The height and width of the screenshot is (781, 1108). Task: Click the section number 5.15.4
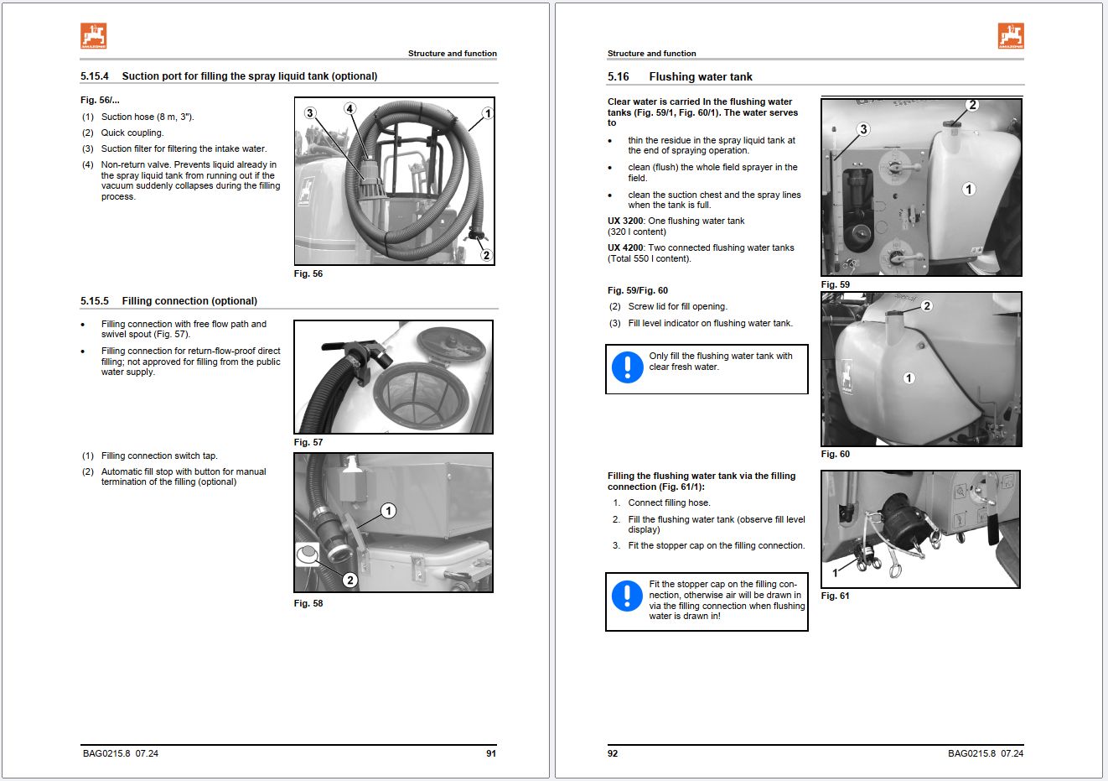pos(95,76)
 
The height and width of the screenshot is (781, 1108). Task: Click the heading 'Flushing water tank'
pos(701,77)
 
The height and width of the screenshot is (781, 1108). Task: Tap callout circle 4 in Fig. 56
pos(350,108)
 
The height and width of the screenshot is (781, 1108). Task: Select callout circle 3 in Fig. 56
pos(310,113)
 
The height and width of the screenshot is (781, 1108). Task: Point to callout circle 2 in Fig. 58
pos(350,580)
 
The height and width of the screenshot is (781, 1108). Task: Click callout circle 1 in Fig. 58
pos(388,511)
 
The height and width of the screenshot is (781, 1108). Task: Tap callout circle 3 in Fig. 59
pos(863,129)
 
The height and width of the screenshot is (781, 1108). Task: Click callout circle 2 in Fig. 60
pos(927,306)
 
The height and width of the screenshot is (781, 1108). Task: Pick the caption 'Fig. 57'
pos(308,442)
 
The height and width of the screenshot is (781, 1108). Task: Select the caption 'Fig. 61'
pos(835,596)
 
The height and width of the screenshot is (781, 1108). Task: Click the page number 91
pos(491,753)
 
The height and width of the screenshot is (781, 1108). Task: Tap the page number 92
pos(613,753)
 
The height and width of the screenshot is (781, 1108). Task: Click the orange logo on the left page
pos(94,36)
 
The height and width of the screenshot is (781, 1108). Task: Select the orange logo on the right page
pos(1011,36)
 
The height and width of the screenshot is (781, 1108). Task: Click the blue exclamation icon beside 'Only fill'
pos(627,367)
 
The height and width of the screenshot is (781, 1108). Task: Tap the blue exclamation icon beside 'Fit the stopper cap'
pos(627,596)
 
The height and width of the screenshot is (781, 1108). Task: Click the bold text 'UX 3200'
pos(625,221)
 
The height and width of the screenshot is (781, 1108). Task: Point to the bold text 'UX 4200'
pos(625,248)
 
